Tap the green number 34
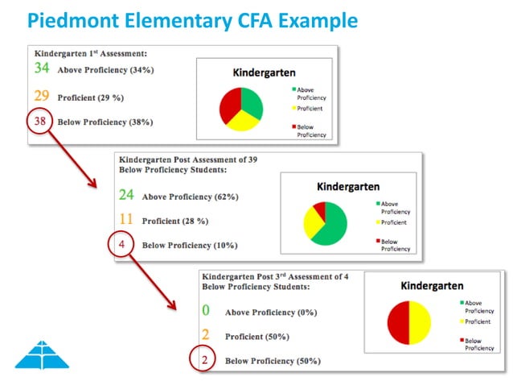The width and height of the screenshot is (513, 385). pyautogui.click(x=42, y=68)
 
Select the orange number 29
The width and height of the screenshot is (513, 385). pyautogui.click(x=42, y=95)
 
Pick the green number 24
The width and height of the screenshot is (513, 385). pyautogui.click(x=126, y=194)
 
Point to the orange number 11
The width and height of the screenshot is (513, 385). pyautogui.click(x=125, y=219)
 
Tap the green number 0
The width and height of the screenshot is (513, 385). pyautogui.click(x=206, y=309)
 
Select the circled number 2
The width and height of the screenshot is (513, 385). pyautogui.click(x=205, y=360)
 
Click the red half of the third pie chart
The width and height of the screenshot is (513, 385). pyautogui.click(x=399, y=322)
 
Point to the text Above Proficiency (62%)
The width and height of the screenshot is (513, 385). pyautogui.click(x=190, y=196)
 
